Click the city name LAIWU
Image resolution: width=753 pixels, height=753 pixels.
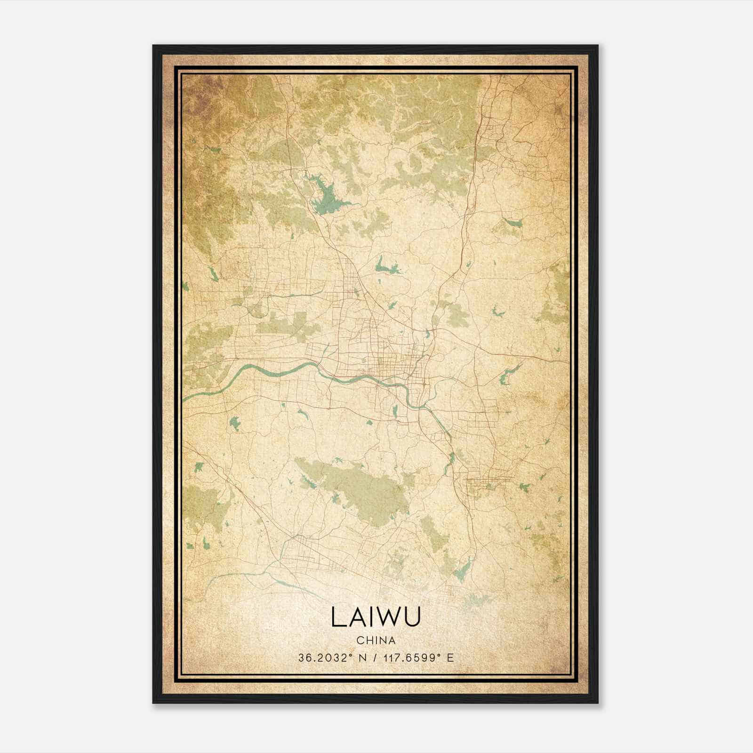click(x=376, y=617)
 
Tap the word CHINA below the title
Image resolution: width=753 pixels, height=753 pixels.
click(x=376, y=641)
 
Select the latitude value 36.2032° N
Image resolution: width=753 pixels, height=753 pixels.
click(x=331, y=658)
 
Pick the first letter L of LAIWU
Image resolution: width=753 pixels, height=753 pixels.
click(x=338, y=617)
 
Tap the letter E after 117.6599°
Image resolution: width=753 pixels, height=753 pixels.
click(x=450, y=658)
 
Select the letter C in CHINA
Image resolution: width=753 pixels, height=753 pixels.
click(x=359, y=641)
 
